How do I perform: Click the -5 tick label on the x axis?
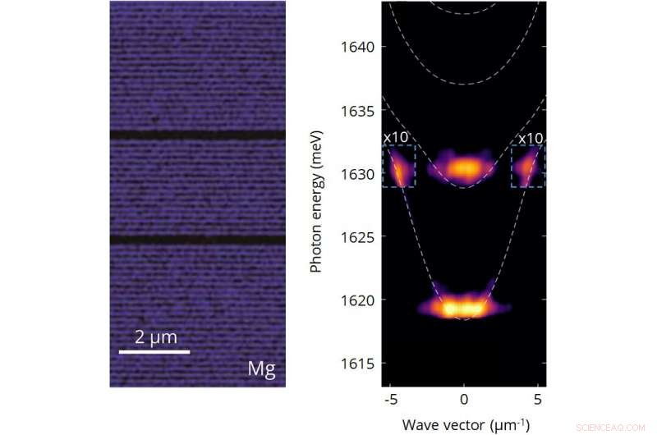click(388, 401)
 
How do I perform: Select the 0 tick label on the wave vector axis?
click(464, 401)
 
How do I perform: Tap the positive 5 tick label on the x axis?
click(538, 401)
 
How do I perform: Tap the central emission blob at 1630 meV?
click(464, 168)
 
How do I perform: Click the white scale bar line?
click(154, 351)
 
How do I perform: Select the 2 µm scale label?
click(155, 336)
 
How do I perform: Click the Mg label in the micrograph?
click(261, 369)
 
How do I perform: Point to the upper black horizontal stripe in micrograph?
click(197, 135)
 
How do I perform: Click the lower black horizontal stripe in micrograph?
click(197, 240)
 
